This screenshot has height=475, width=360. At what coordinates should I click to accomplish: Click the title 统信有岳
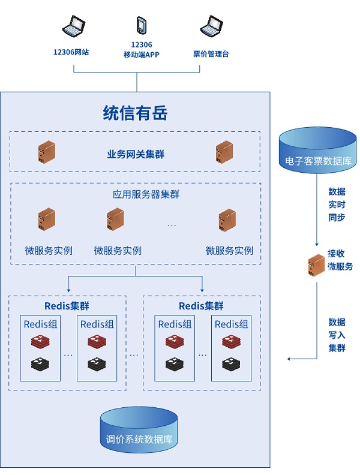point(135,113)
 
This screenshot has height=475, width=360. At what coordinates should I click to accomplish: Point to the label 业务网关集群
point(136,154)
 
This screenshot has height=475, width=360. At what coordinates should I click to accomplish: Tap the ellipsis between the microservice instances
point(172,225)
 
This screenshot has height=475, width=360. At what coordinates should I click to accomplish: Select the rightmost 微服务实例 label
point(229,251)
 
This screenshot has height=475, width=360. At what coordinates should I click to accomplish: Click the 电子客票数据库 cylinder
point(318,151)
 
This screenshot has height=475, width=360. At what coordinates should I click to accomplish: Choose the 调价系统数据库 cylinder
point(139,429)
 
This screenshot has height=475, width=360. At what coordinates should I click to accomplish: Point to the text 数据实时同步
point(337,205)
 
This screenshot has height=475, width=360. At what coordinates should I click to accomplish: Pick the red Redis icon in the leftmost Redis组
point(40,342)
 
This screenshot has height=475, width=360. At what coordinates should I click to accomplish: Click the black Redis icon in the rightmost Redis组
point(232,363)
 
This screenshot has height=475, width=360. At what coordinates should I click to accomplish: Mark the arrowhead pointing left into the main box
point(289,359)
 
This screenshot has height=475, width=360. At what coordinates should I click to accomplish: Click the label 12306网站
point(71,53)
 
